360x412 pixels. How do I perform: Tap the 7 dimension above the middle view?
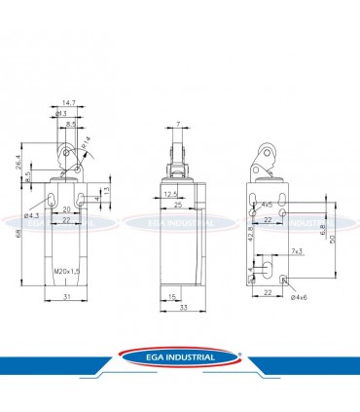(180, 126)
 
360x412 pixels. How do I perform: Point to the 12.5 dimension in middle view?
(171, 194)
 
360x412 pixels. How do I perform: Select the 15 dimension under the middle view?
(170, 296)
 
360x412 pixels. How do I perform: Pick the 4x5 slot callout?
(267, 205)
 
